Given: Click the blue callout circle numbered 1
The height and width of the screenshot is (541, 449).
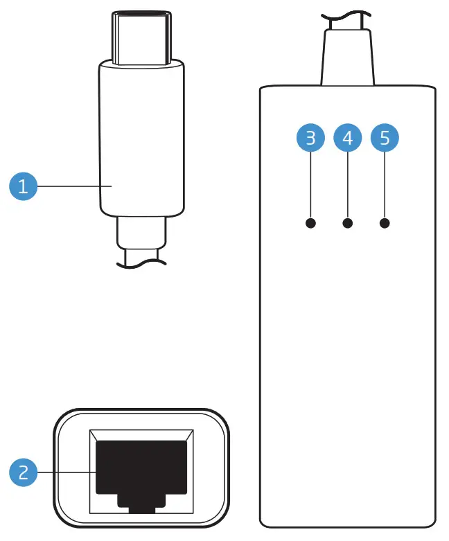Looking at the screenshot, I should tap(24, 186).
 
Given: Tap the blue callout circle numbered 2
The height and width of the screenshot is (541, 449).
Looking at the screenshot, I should tap(24, 472).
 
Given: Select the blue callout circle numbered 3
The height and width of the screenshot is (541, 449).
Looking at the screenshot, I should tap(310, 138).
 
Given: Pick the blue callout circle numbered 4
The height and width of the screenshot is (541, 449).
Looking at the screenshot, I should tap(348, 138).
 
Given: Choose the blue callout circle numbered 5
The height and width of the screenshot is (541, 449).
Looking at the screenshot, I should tap(385, 138).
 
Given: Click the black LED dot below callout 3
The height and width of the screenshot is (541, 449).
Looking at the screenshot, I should tap(310, 223).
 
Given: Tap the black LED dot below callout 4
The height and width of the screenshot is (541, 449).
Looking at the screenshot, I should tap(348, 223).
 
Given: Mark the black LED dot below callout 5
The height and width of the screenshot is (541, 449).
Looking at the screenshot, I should tap(385, 223).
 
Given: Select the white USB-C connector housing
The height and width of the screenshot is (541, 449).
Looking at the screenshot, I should tap(141, 139).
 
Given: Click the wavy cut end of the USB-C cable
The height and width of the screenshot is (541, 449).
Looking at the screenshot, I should tap(141, 261).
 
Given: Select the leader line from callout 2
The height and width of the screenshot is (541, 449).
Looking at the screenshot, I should tap(66, 472).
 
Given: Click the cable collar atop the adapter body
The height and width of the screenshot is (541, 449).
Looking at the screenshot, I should tap(348, 59).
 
